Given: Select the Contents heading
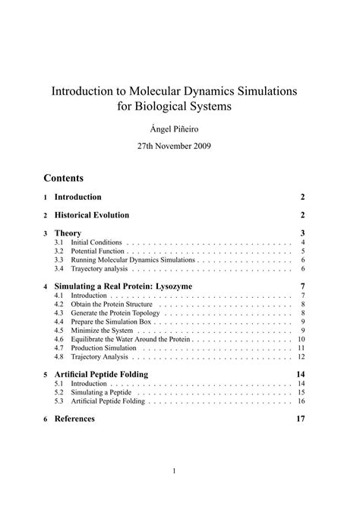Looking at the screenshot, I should click(64, 179).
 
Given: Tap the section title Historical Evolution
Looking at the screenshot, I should click(92, 215).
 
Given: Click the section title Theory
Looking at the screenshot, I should click(68, 233).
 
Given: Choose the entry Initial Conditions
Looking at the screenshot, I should click(96, 242).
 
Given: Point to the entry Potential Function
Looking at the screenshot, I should click(96, 251).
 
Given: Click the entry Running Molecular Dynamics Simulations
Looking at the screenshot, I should click(133, 260).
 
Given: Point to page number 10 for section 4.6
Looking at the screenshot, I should click(301, 340).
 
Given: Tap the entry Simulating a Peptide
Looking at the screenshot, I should click(99, 392).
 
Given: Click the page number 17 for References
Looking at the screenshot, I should click(300, 419).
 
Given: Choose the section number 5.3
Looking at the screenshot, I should click(58, 401).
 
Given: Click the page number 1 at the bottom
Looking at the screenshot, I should click(174, 470).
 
